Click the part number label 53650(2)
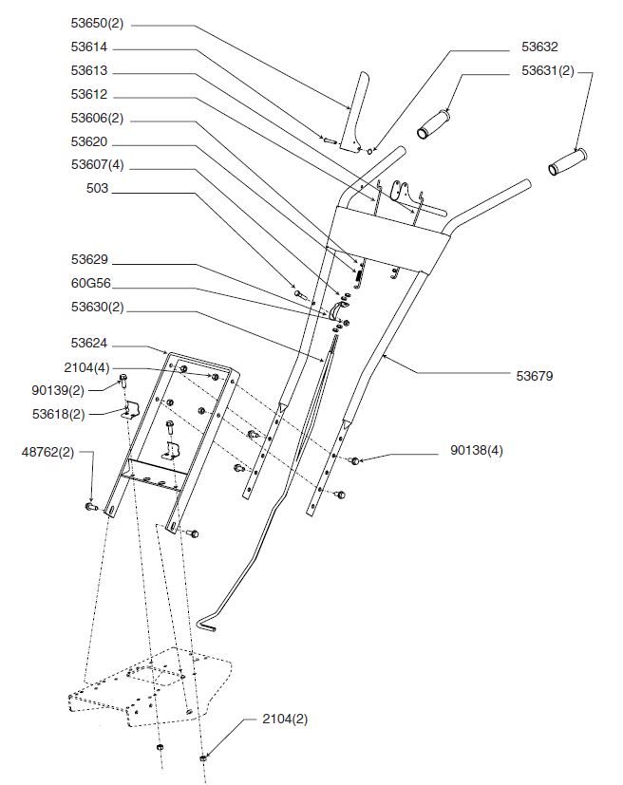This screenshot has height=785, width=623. (97, 23)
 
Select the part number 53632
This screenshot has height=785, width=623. (539, 46)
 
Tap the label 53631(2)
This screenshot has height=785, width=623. (547, 70)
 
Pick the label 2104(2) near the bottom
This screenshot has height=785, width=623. (285, 719)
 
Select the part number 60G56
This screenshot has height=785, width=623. (90, 283)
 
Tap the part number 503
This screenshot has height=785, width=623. (98, 189)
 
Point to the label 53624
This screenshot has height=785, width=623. (90, 343)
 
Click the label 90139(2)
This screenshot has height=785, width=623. (57, 390)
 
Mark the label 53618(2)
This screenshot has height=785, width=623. (57, 414)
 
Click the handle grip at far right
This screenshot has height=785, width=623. (569, 161)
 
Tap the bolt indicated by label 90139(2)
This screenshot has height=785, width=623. (123, 382)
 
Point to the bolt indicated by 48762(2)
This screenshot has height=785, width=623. (92, 508)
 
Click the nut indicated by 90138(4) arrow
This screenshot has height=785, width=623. (354, 461)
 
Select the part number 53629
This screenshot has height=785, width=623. (90, 259)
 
